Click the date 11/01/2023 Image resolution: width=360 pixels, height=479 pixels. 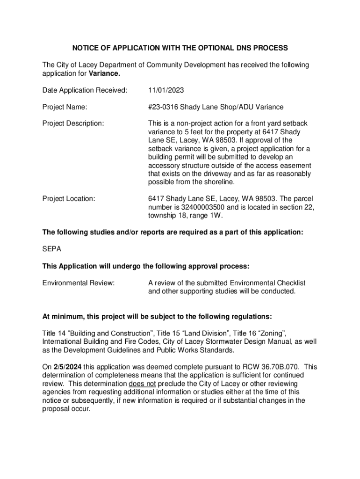164,90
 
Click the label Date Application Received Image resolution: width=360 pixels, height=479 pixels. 85,90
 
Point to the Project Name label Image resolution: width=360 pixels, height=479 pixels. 65,107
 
